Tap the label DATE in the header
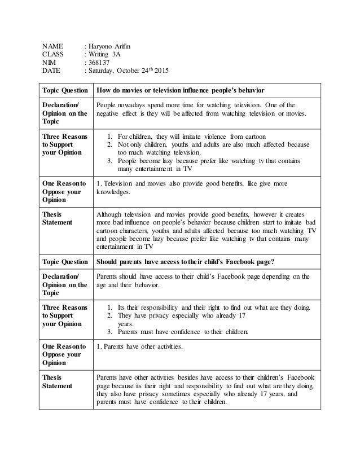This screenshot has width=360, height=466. pos(53,71)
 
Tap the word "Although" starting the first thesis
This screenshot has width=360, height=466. pos(109,214)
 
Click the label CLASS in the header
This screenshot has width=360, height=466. pos(54,54)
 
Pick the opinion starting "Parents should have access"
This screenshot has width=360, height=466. pos(203,280)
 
